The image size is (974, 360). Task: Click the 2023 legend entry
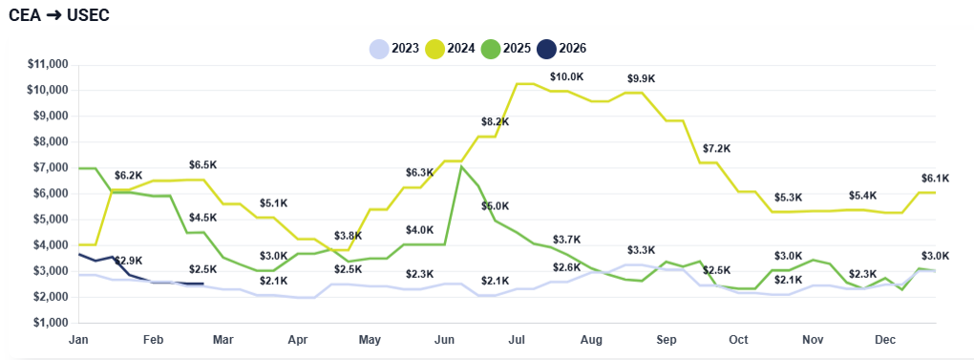pos(393,49)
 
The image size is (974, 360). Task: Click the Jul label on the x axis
pos(517,339)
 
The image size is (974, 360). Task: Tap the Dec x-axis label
pos(885,339)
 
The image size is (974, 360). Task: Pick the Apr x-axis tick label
pos(297,339)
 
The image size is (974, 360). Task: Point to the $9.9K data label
pos(642,78)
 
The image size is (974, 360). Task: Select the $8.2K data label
pos(495,122)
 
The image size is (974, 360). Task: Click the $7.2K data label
pos(716,148)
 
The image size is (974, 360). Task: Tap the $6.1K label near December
pos(935,178)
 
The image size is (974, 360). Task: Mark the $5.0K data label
pos(495,206)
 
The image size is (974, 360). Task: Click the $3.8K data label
pos(348,236)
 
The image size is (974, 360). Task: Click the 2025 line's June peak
pos(461,167)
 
